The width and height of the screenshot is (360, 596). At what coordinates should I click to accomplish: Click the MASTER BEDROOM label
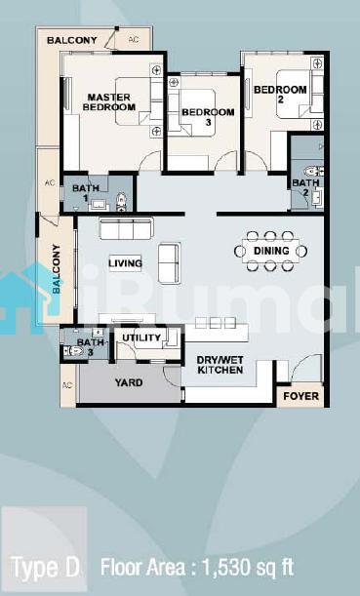point(109,102)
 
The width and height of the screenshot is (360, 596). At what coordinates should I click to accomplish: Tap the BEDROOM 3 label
point(208,117)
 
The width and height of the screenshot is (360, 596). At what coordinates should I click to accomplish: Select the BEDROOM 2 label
point(280,95)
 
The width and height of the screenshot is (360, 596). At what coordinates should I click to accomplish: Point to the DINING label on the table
point(271,251)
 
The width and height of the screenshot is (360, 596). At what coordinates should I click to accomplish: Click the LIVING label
point(125,263)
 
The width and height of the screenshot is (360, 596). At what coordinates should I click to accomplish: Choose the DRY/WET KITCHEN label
point(220,365)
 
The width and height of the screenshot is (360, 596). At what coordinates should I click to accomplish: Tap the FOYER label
point(301,396)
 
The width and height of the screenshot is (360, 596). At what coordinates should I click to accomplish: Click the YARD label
point(129,382)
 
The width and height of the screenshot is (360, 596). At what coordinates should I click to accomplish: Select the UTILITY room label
point(141,338)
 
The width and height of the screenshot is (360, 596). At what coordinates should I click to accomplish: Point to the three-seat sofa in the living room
point(126,228)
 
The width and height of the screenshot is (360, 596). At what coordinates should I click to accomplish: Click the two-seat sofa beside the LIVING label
point(169,263)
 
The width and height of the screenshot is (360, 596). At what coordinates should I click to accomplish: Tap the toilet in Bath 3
point(73,351)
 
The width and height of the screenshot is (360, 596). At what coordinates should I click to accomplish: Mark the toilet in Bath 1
point(121,202)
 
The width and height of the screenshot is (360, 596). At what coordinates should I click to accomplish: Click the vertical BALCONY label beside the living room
point(56,268)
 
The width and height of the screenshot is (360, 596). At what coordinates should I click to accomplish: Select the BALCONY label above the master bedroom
point(72,40)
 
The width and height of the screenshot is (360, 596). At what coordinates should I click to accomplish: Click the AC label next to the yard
point(67,385)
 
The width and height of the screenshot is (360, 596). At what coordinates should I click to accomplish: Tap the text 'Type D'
point(47,568)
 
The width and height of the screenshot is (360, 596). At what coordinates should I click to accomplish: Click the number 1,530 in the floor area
point(227,569)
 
